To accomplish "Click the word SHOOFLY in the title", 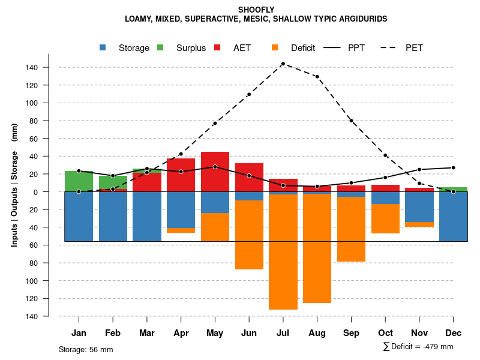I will pyautogui.click(x=256, y=10).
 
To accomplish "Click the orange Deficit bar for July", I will pyautogui.click(x=283, y=252).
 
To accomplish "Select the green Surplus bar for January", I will pyautogui.click(x=79, y=181).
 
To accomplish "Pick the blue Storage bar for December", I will pyautogui.click(x=453, y=217).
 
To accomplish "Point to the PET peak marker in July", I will pyautogui.click(x=283, y=64).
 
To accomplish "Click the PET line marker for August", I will pyautogui.click(x=317, y=77).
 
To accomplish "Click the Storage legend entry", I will pyautogui.click(x=126, y=48).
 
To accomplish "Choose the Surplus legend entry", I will pyautogui.click(x=183, y=48).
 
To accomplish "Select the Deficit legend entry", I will pyautogui.click(x=295, y=48).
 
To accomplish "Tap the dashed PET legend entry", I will pyautogui.click(x=406, y=48).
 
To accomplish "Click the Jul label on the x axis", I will pyautogui.click(x=283, y=333).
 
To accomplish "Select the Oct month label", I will pyautogui.click(x=385, y=333).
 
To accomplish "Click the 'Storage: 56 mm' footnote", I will pyautogui.click(x=86, y=349).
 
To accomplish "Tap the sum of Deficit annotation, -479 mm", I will pyautogui.click(x=418, y=347).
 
